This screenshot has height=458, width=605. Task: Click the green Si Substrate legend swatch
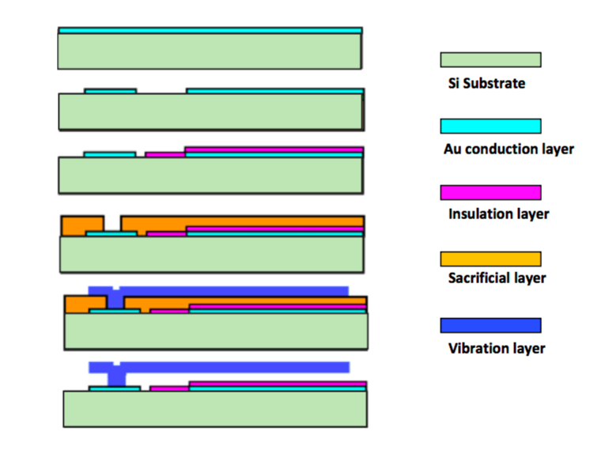click(490, 59)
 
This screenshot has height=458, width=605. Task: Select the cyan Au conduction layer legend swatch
click(490, 126)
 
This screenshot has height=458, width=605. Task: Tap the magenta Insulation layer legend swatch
click(490, 192)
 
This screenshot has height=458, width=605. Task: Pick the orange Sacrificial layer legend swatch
click(490, 259)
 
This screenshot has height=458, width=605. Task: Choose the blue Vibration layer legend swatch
click(490, 325)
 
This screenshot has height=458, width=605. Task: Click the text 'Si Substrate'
click(486, 82)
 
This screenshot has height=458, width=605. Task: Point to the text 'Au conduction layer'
click(509, 148)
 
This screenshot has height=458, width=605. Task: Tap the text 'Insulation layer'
click(498, 214)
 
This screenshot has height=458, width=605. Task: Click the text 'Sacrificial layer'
click(497, 278)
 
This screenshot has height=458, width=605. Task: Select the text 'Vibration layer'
click(496, 348)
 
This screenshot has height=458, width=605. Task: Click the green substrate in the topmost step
click(210, 51)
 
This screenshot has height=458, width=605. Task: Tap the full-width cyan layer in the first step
click(210, 30)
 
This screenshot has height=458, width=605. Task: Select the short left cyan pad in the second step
click(110, 91)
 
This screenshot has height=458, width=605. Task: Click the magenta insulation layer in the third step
click(273, 149)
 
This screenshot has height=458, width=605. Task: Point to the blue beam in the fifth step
click(229, 290)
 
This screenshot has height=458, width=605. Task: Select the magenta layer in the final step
click(277, 384)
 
